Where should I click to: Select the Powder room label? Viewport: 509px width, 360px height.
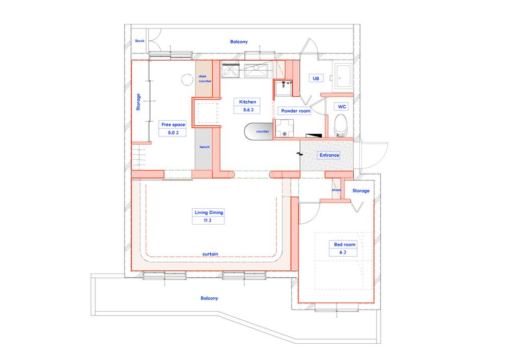tap(295, 110)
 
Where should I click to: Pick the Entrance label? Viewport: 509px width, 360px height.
tap(329, 155)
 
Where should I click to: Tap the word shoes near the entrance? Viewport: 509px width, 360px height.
tap(336, 190)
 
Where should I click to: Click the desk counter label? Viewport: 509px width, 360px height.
tap(205, 78)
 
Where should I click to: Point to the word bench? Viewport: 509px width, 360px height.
tap(205, 147)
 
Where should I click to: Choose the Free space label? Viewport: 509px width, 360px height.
tap(173, 124)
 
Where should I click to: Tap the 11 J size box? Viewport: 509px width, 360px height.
tap(209, 220)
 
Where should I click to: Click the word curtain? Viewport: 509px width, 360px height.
tap(210, 254)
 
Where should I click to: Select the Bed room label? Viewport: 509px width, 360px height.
tap(345, 244)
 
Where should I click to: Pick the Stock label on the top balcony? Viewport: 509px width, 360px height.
tap(139, 41)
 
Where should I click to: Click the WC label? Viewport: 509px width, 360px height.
tap(341, 106)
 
